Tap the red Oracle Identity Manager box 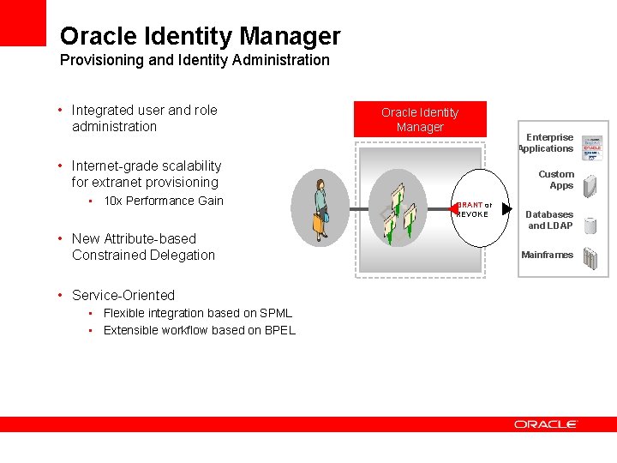pyautogui.click(x=420, y=119)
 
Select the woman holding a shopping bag pyautogui.click(x=320, y=208)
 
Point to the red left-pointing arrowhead pyautogui.click(x=454, y=207)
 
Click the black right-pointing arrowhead pyautogui.click(x=506, y=208)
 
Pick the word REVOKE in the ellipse pyautogui.click(x=472, y=214)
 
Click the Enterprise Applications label pyautogui.click(x=548, y=142)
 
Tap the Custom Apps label pyautogui.click(x=558, y=179)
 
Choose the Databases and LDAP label pyautogui.click(x=549, y=219)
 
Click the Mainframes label pyautogui.click(x=547, y=255)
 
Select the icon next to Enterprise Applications pyautogui.click(x=591, y=147)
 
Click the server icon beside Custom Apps pyautogui.click(x=590, y=185)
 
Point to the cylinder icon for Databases pyautogui.click(x=590, y=225)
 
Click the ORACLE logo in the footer pyautogui.click(x=546, y=424)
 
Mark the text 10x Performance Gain pyautogui.click(x=163, y=201)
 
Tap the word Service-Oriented pyautogui.click(x=123, y=295)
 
